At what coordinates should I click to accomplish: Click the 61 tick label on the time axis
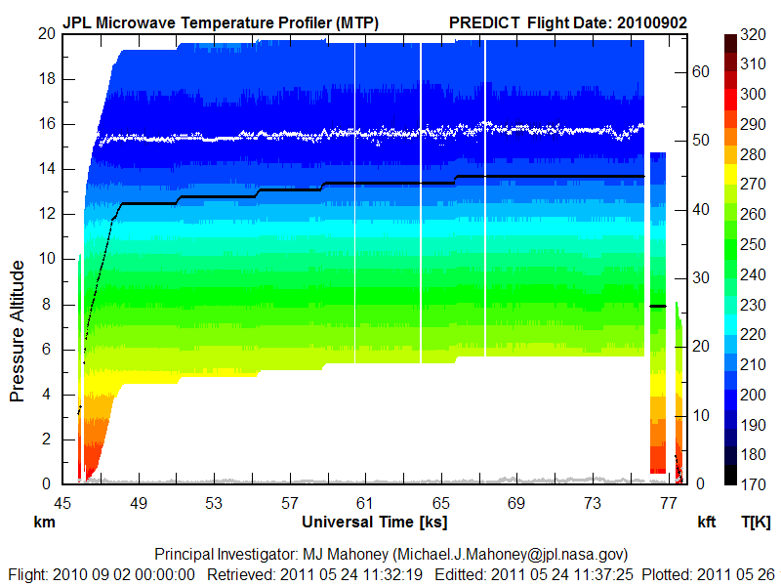click(x=365, y=502)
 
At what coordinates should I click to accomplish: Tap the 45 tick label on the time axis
click(x=62, y=502)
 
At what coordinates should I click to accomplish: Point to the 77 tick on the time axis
click(x=669, y=502)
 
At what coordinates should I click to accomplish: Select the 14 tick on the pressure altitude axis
click(x=46, y=169)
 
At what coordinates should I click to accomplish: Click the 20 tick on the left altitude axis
click(x=46, y=33)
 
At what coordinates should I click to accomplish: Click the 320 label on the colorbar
click(x=753, y=34)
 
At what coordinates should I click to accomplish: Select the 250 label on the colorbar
click(x=753, y=244)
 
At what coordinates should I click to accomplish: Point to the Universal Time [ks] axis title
click(x=375, y=523)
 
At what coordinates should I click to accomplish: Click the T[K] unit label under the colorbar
click(x=757, y=523)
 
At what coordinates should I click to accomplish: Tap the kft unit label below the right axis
click(x=707, y=523)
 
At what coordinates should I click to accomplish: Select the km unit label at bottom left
click(x=43, y=523)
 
